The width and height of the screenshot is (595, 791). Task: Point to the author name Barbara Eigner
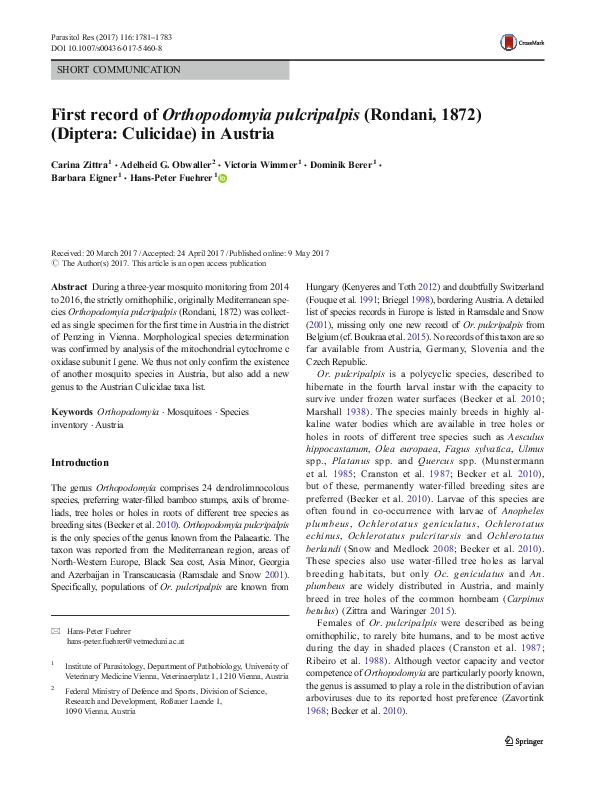click(x=83, y=179)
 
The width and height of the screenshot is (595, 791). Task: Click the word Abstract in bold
click(x=68, y=286)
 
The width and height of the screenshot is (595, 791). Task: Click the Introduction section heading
click(x=79, y=463)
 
